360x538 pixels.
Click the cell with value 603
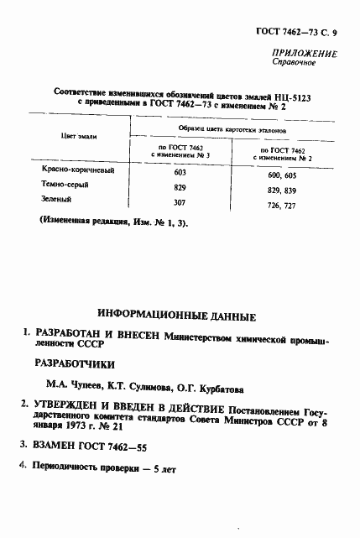180,171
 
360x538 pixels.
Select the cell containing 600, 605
286,175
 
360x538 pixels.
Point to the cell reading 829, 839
286,191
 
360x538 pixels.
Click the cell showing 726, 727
286,206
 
